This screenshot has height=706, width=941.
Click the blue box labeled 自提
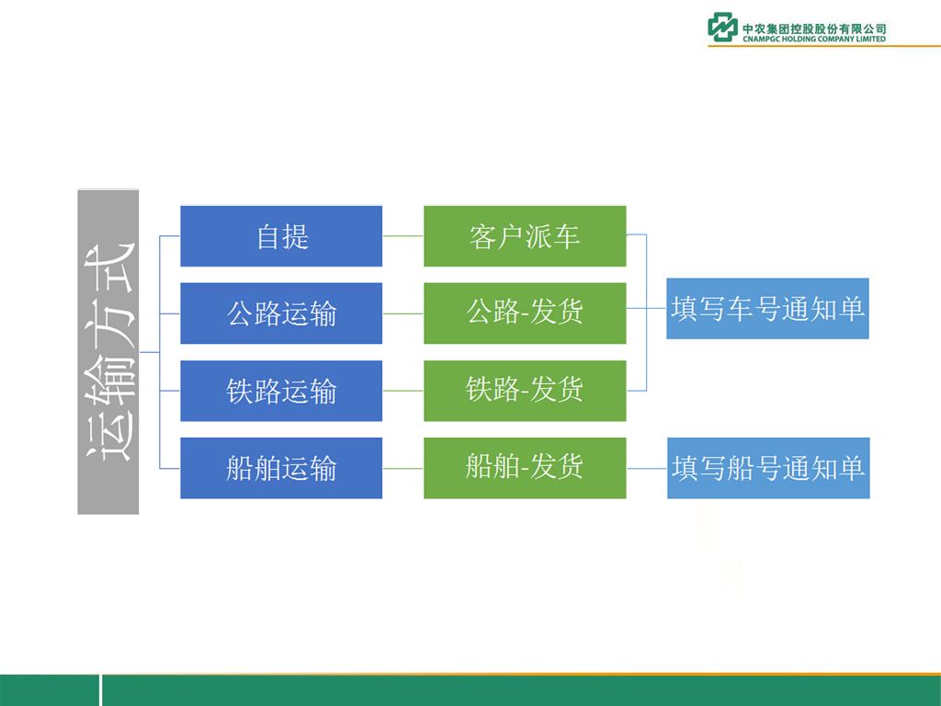(x=281, y=236)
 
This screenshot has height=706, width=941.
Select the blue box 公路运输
(x=281, y=313)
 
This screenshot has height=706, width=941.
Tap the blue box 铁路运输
(x=281, y=391)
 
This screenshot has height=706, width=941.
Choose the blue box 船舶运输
(x=281, y=468)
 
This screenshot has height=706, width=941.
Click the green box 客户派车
(x=525, y=236)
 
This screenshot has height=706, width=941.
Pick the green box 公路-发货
(x=525, y=313)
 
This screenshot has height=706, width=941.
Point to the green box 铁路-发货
(x=525, y=391)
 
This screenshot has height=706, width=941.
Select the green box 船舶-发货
(x=525, y=468)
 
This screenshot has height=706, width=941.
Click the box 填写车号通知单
(x=767, y=309)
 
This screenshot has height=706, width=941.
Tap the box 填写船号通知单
(x=768, y=468)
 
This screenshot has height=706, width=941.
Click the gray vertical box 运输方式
(x=108, y=352)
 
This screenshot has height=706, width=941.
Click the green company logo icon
(x=722, y=28)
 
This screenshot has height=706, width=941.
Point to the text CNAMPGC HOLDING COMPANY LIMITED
(x=814, y=39)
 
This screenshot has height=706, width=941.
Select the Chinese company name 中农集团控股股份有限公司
(x=814, y=28)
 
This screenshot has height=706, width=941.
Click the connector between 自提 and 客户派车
(x=402, y=236)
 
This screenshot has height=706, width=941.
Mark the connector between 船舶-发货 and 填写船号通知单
(x=646, y=468)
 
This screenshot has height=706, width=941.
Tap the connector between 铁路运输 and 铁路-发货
(x=402, y=391)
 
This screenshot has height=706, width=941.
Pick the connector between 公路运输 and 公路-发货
(x=402, y=313)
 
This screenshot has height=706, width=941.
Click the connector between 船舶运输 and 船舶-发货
(x=402, y=468)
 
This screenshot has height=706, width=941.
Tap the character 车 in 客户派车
(x=566, y=236)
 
